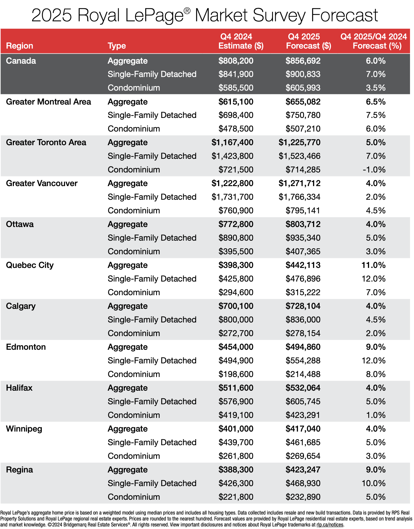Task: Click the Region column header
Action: (19, 46)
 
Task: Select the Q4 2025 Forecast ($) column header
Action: (308, 41)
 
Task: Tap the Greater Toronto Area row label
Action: (46, 142)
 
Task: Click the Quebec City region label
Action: (30, 265)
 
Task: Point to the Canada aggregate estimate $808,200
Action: (236, 61)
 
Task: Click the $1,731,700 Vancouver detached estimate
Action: (232, 197)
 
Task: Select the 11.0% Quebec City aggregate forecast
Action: (373, 265)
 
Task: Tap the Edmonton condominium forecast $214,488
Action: (303, 374)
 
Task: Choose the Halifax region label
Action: (19, 388)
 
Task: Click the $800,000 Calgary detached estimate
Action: (236, 320)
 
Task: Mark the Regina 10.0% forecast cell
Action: (373, 483)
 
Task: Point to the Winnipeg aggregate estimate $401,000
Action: (236, 429)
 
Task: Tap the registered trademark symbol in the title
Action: (187, 11)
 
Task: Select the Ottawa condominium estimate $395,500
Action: (236, 251)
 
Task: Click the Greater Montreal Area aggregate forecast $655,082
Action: (303, 102)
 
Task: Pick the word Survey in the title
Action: (279, 15)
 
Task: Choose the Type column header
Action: (117, 46)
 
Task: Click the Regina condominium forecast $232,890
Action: (303, 497)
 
